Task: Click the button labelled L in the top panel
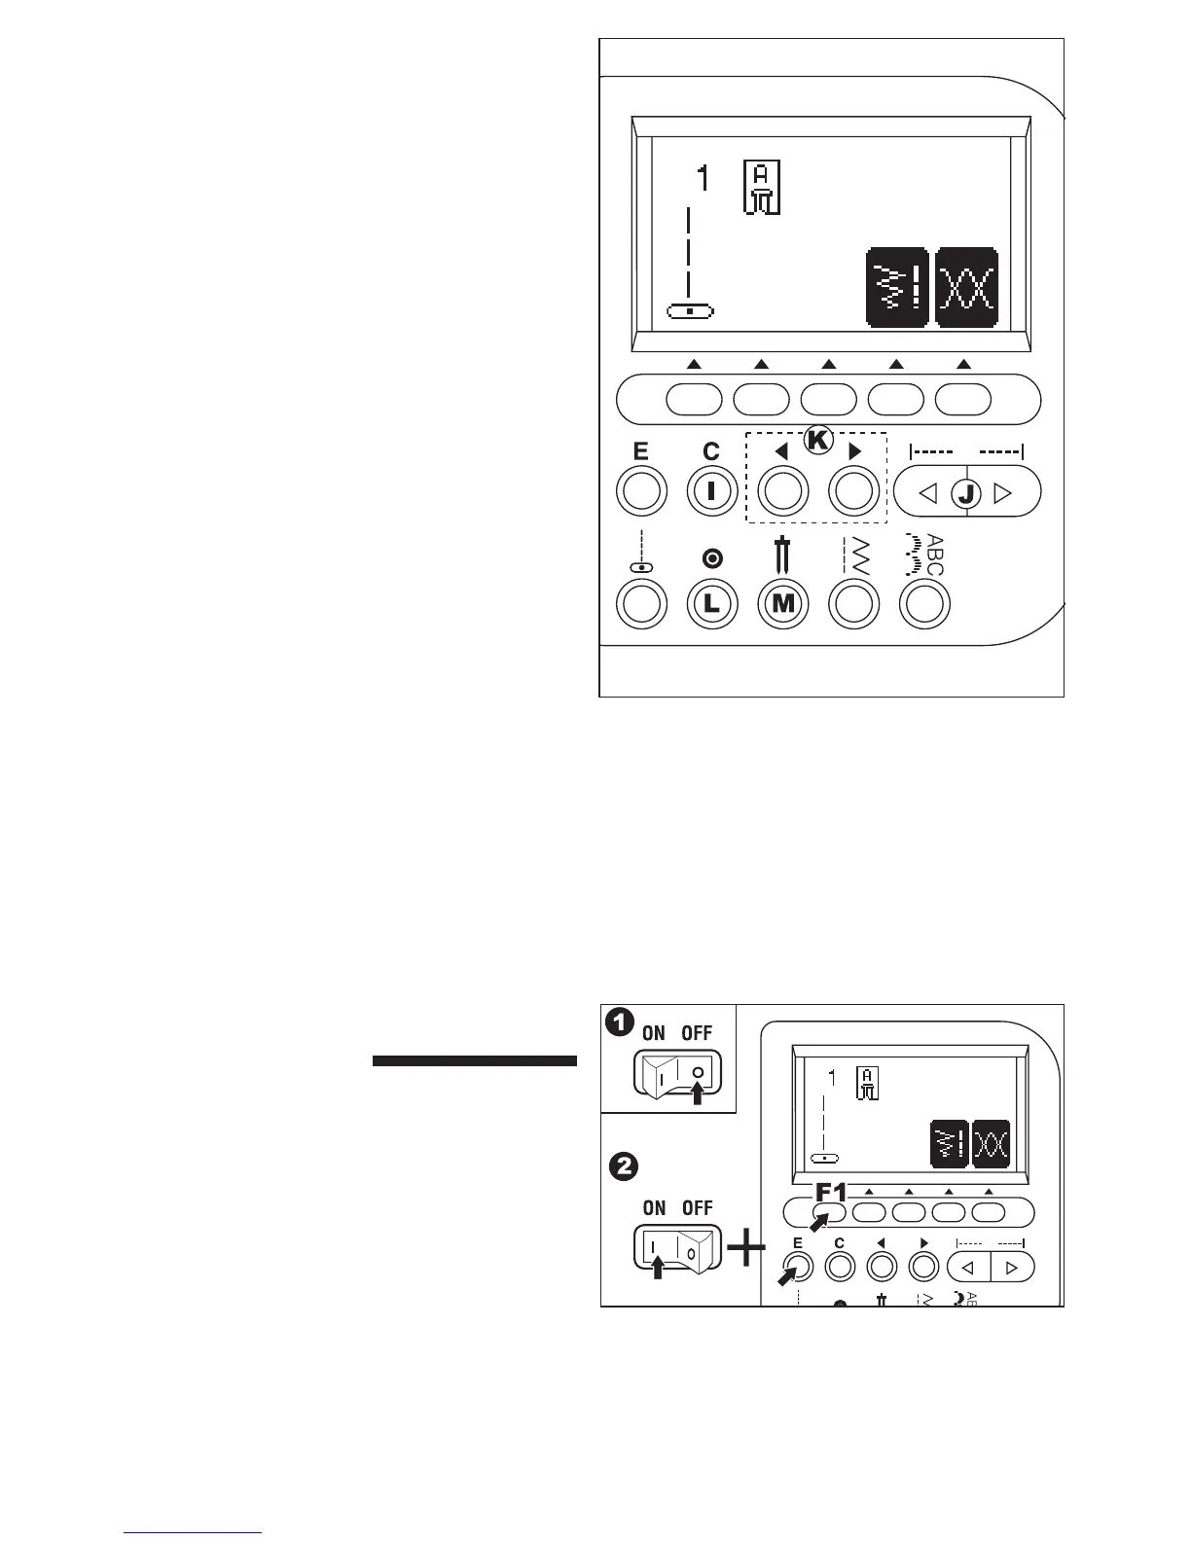tap(712, 603)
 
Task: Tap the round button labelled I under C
tap(712, 491)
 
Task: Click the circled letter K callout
tap(818, 441)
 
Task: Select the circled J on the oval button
tap(966, 493)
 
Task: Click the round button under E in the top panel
tap(641, 491)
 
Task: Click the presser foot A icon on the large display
tap(762, 188)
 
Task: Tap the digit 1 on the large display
tap(703, 180)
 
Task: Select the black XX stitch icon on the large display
tap(966, 287)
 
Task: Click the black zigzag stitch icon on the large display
tap(897, 287)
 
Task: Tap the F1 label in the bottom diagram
tap(832, 1192)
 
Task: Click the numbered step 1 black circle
tap(617, 1021)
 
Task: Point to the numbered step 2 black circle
tap(623, 1165)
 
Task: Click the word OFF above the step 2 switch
tap(697, 1207)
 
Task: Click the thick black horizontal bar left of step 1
tap(475, 1060)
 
